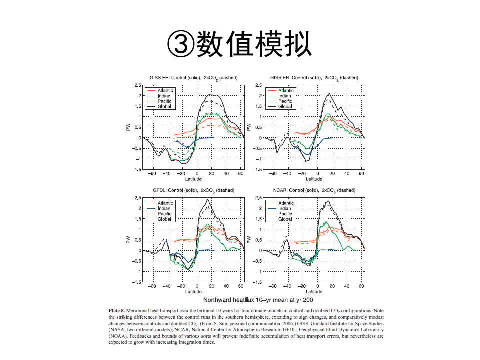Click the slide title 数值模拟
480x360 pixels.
239,44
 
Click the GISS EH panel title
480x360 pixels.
193,78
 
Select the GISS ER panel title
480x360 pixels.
314,78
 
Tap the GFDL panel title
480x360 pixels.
193,190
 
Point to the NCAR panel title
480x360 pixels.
314,190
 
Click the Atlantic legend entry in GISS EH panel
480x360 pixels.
165,91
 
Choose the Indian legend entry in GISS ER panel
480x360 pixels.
284,96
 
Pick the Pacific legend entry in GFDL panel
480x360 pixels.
164,214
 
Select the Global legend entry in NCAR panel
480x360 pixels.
285,219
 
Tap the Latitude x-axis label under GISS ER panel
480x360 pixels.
314,179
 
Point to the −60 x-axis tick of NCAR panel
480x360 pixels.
273,286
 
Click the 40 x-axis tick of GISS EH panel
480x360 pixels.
226,174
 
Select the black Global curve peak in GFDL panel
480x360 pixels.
208,200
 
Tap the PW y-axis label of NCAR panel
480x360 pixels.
248,240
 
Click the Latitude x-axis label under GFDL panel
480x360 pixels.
193,291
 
